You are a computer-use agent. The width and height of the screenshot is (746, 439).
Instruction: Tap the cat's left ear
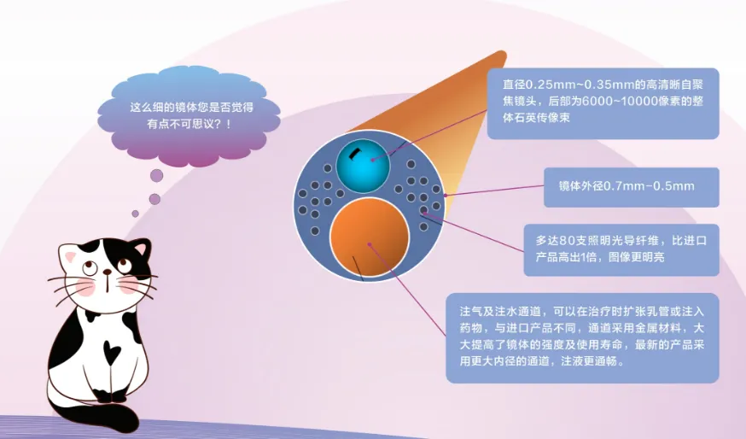click(71, 255)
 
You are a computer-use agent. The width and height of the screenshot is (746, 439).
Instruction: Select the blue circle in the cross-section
click(363, 165)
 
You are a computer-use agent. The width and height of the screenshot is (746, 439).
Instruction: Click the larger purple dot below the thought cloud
click(156, 176)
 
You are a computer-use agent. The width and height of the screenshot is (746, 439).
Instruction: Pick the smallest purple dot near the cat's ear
click(135, 214)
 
